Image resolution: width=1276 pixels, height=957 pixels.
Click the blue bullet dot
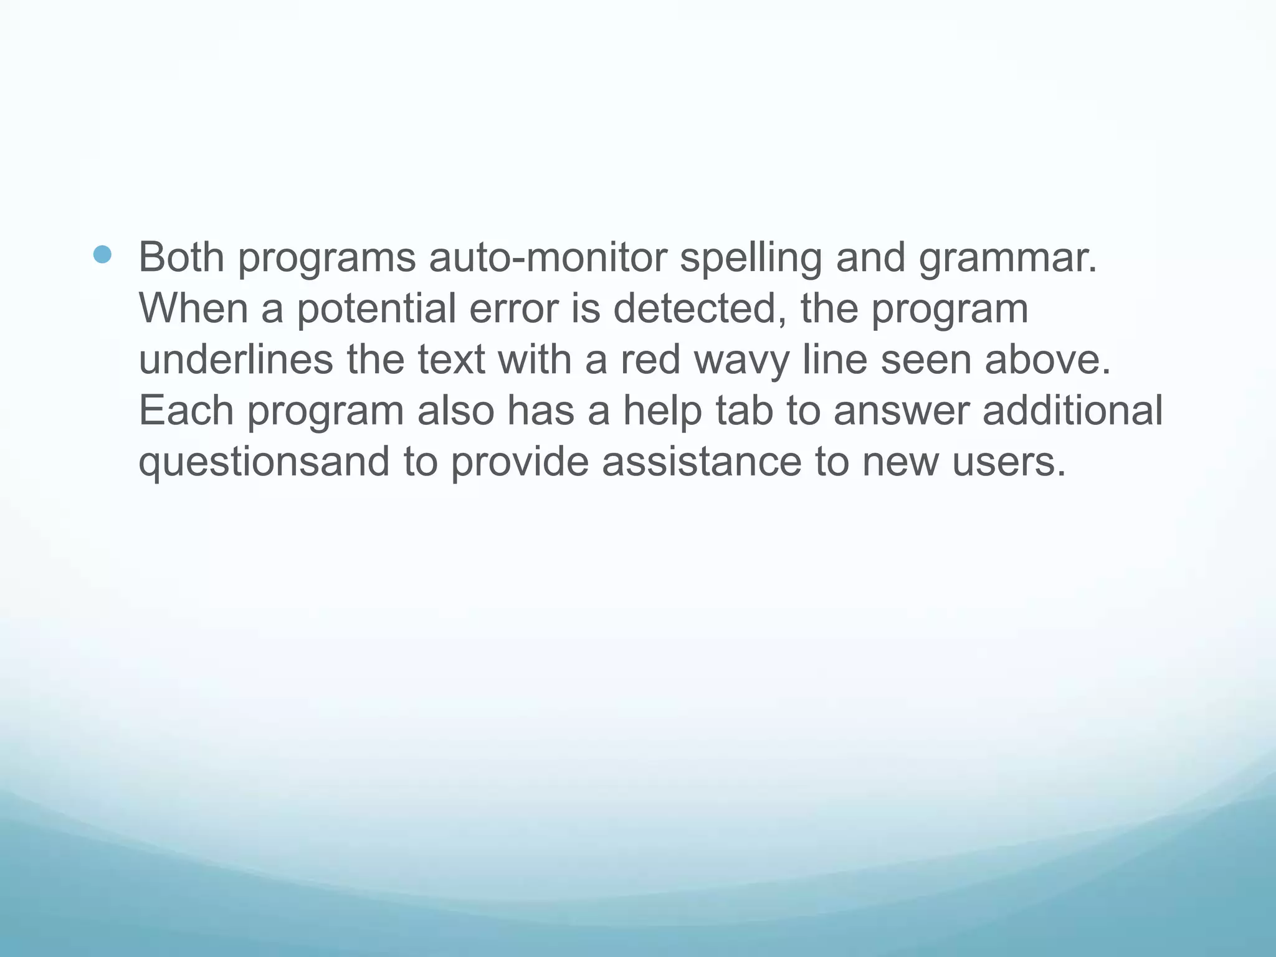[x=102, y=254]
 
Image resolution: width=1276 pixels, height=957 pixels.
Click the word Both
[x=181, y=257]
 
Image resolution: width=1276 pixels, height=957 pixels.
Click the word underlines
[x=236, y=359]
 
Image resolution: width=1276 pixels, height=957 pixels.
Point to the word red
[x=650, y=359]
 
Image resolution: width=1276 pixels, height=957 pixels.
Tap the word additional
[x=1072, y=411]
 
